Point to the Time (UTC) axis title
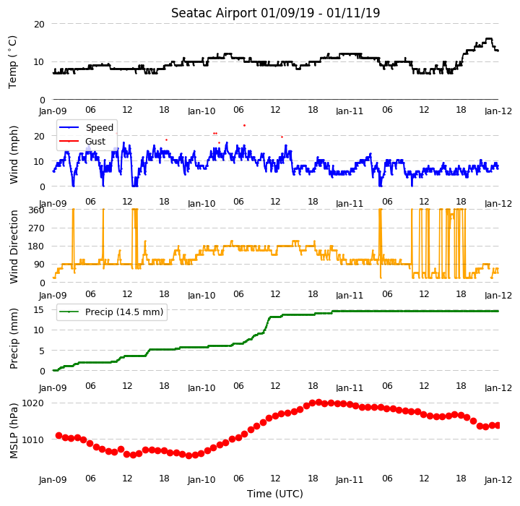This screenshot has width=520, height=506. coord(275,494)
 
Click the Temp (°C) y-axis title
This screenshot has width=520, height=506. coord(12,62)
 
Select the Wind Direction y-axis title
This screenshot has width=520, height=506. coord(14,246)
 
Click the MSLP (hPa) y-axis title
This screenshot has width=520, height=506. coord(14,431)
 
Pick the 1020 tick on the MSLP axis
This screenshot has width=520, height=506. coord(32,403)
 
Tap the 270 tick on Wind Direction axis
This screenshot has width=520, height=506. coord(38,228)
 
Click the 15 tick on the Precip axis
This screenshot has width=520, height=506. coord(39,310)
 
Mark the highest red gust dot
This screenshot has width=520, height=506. coord(244,126)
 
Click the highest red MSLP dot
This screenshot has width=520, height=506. coord(318,403)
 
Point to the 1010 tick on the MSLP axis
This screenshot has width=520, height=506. coord(32,440)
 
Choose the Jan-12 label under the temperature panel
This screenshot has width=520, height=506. coord(498,111)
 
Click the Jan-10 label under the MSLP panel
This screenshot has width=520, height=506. coord(201,480)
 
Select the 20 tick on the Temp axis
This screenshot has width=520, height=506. coord(39,25)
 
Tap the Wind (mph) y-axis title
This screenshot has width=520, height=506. coord(14,155)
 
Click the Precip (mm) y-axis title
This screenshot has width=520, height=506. coord(14,339)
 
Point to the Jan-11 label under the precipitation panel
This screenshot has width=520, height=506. coord(350,387)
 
